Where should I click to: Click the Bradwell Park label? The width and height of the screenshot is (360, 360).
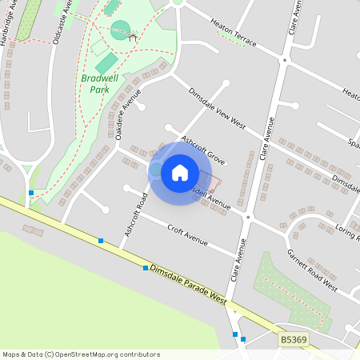coord(95,84)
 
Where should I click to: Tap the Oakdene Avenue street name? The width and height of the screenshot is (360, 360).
coord(122,118)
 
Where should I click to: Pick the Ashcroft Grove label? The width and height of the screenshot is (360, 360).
coord(203,149)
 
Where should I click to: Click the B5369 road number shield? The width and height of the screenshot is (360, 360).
coord(294,341)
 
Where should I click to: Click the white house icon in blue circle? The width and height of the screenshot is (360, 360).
coord(180,172)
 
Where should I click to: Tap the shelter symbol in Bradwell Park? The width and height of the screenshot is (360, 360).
coord(132,36)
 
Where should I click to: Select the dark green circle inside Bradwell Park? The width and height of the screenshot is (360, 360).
coord(120,30)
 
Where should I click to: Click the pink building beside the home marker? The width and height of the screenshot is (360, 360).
coord(213,184)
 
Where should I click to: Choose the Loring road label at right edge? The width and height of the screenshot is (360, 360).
coord(347,228)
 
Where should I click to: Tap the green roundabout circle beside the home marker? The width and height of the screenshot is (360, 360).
coord(156,170)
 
